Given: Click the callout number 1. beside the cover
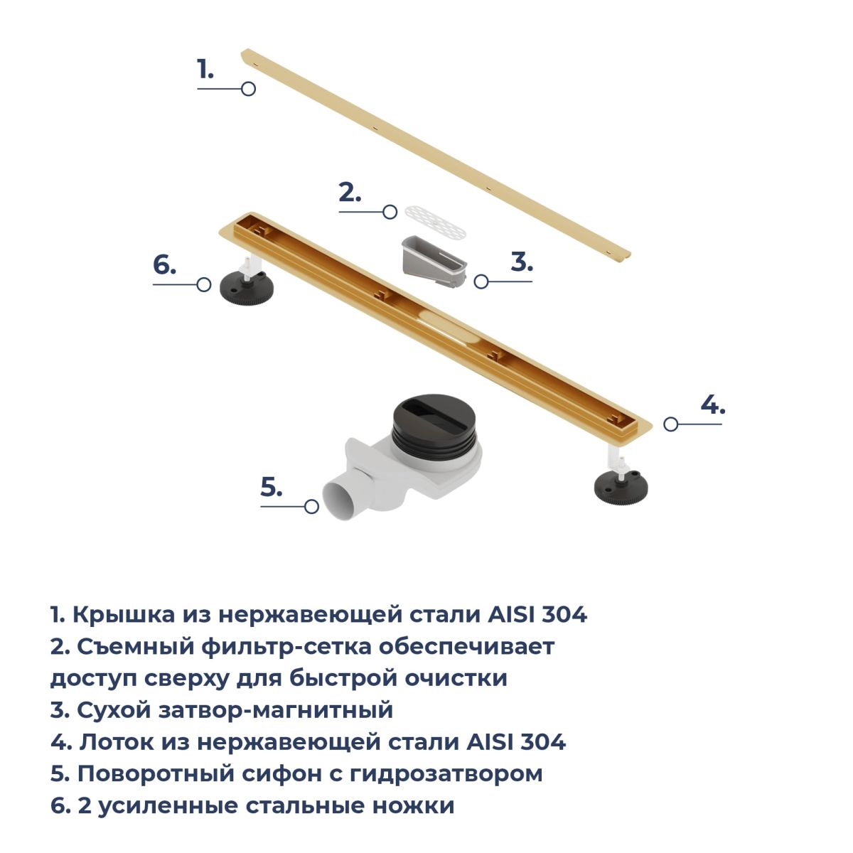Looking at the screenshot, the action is point(205,70).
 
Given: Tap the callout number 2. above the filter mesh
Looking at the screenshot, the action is point(350,193).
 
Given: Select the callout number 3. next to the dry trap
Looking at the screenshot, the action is point(522,262).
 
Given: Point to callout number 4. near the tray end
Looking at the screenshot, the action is point(713,404).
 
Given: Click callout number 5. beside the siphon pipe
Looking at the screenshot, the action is point(272,487).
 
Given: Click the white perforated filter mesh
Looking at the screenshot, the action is point(435,222).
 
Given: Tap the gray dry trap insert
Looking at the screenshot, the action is point(434,261).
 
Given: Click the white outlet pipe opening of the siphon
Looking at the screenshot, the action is point(340,500).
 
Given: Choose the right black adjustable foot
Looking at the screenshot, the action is point(621,487).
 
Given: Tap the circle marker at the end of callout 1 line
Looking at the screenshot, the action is point(248,89).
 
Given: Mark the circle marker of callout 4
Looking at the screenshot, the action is point(670,424).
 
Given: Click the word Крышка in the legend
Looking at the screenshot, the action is point(124,614).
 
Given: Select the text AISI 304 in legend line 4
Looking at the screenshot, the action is point(517,741).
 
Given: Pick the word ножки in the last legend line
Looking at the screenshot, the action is point(413,805).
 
